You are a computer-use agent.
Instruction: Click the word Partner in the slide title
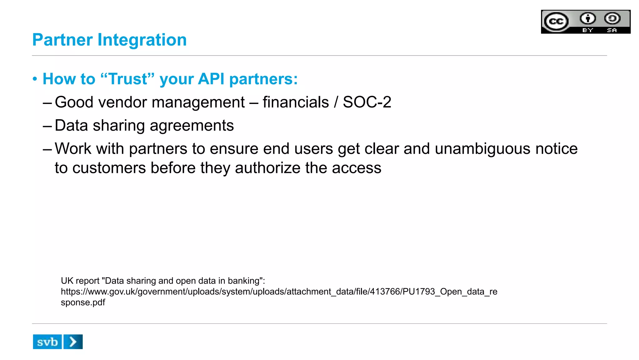coord(62,40)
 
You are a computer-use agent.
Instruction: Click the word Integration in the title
coord(142,40)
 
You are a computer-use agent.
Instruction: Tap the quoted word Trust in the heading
coord(128,79)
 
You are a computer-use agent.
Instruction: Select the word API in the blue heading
coord(211,79)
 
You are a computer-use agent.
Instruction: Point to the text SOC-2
coord(367,102)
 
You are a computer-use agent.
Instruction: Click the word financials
coord(295,102)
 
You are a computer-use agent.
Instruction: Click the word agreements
coord(192,126)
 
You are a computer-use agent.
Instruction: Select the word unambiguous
coord(482,149)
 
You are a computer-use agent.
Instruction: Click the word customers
coord(109,168)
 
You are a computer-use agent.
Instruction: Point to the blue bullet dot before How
coord(35,79)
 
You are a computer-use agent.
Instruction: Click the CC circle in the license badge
coord(556,22)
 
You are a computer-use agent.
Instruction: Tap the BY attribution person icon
coord(588,19)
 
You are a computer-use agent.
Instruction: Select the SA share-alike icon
coord(612,19)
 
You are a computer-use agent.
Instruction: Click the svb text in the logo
coord(47,342)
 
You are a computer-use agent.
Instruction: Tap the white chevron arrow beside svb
coord(73,342)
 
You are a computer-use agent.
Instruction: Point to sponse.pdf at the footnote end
coord(83,303)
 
